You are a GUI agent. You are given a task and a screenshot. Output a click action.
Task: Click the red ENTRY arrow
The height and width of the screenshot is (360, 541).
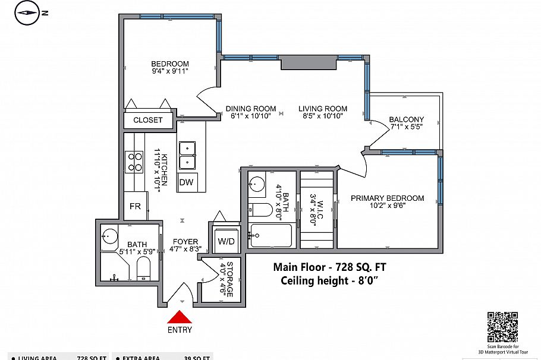(x=179, y=318)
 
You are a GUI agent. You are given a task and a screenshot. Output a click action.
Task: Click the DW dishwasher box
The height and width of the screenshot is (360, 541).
(x=187, y=182)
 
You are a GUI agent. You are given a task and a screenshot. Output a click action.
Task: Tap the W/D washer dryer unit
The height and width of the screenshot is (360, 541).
(x=225, y=241)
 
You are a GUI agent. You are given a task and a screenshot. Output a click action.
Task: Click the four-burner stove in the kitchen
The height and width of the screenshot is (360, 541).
(x=134, y=162)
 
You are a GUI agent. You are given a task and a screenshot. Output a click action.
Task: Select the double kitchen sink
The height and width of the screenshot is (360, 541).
(x=188, y=154)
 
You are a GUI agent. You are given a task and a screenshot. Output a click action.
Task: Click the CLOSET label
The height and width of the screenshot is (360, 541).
(x=148, y=120)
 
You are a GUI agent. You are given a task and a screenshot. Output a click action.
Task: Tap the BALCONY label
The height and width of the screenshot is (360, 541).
(x=407, y=119)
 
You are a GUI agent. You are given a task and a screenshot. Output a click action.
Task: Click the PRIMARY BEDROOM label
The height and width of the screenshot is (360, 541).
(x=387, y=198)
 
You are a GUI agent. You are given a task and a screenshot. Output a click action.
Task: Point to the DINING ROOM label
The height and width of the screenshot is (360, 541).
(x=250, y=109)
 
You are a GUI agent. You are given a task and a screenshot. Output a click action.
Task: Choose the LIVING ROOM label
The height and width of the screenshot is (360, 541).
(x=323, y=109)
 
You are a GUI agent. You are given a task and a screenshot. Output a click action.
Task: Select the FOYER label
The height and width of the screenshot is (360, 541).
(x=185, y=241)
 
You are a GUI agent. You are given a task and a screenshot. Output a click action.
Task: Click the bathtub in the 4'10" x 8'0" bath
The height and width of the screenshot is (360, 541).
(x=271, y=236)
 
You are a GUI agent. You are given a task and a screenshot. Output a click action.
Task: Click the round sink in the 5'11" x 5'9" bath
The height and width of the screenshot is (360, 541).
(x=109, y=236)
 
